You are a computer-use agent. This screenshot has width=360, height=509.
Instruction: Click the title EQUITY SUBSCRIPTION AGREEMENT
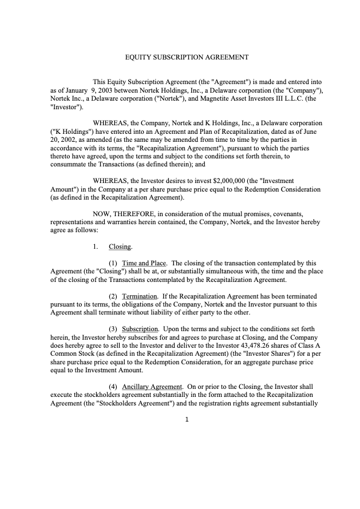click(x=187, y=57)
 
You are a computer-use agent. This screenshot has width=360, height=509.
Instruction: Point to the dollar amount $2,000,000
click(x=229, y=181)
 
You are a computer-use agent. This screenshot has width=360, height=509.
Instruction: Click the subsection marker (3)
click(x=113, y=329)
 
